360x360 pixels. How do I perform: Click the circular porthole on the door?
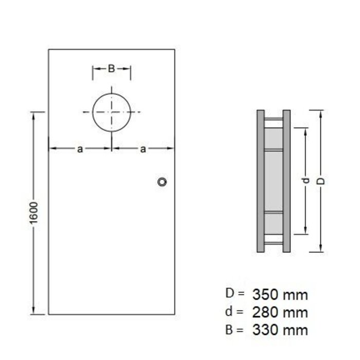tap(112, 112)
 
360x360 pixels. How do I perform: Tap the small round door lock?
tap(163, 182)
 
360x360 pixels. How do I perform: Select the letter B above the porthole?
tap(111, 68)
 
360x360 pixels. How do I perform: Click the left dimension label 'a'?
tap(80, 149)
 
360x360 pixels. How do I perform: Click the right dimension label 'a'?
tap(143, 149)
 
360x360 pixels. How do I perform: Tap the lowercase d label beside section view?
tap(305, 181)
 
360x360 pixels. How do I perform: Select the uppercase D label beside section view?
tap(321, 181)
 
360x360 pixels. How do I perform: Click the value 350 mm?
tap(280, 295)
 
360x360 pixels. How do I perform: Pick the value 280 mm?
tap(280, 312)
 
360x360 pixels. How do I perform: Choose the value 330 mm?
tap(280, 330)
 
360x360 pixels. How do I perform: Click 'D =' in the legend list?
tap(235, 294)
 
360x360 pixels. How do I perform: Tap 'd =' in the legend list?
tap(235, 312)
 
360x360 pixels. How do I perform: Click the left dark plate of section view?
tap(260, 181)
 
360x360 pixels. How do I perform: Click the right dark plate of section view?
tap(286, 181)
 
